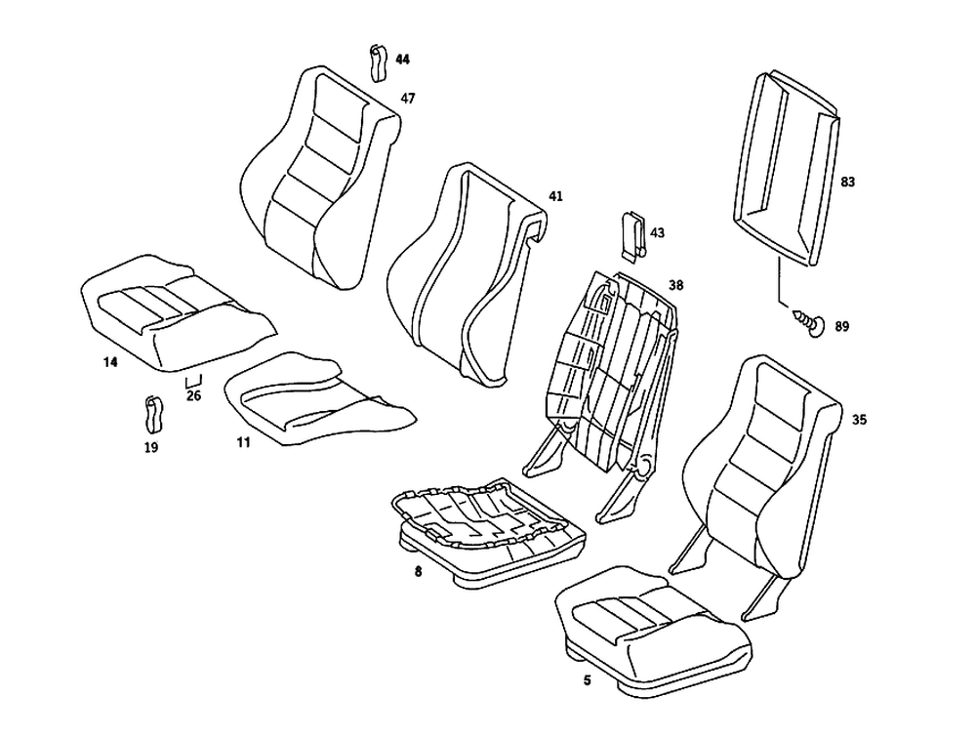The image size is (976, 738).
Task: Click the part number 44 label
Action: click(x=403, y=60)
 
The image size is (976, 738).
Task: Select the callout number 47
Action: click(x=408, y=99)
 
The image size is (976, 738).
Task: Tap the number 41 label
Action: click(x=555, y=196)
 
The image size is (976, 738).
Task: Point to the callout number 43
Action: click(x=657, y=233)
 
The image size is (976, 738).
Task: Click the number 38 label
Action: click(x=675, y=286)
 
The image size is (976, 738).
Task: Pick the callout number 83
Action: click(x=847, y=182)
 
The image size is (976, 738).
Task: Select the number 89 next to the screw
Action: click(x=842, y=327)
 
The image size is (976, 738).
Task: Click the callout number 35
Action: click(x=859, y=420)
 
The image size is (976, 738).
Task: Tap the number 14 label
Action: click(x=110, y=362)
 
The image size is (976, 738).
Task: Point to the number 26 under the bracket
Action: click(x=193, y=396)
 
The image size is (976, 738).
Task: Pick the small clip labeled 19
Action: click(x=153, y=414)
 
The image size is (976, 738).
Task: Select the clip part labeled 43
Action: click(x=631, y=235)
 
